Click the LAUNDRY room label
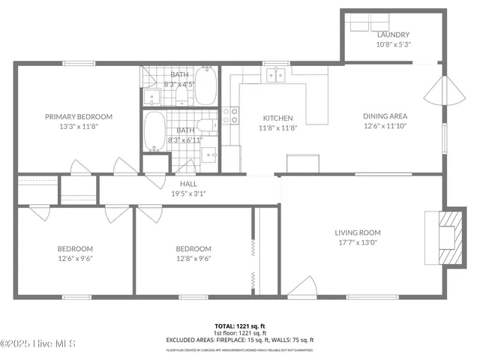(393, 34)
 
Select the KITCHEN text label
(277, 118)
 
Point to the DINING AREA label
(385, 115)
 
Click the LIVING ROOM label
(357, 232)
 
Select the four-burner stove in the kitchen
(230, 115)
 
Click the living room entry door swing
(302, 286)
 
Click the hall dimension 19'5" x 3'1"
(187, 193)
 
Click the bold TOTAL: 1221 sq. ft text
(239, 326)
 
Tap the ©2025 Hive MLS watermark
(39, 344)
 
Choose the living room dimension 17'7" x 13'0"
(357, 242)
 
